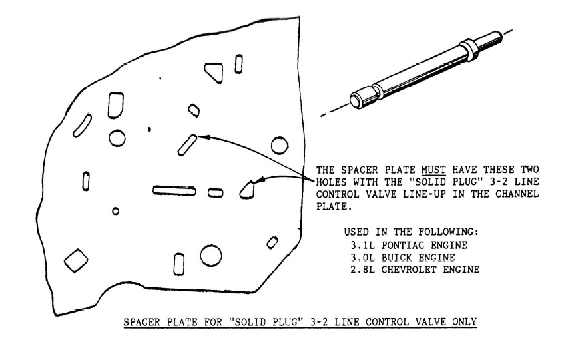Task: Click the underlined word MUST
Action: [x=433, y=170]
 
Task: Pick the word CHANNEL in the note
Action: [x=517, y=194]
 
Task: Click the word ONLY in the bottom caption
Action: [x=465, y=322]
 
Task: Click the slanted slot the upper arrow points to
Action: [x=187, y=146]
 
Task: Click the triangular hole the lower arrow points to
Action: [x=247, y=190]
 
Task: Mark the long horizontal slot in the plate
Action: [x=174, y=191]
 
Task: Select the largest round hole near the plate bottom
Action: [x=211, y=256]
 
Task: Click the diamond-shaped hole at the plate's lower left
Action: [x=76, y=260]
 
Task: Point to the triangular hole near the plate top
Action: [x=214, y=72]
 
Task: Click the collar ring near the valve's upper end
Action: [x=469, y=49]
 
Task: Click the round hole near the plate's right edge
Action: [x=279, y=146]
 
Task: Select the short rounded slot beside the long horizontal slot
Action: [x=216, y=193]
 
